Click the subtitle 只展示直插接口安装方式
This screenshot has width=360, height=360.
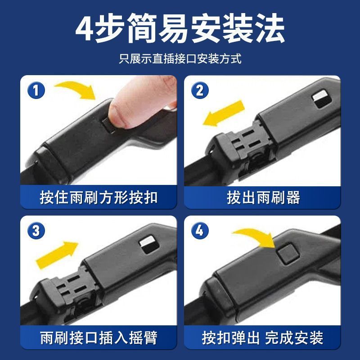pos(180,59)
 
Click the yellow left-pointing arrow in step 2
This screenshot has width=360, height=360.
pos(223,113)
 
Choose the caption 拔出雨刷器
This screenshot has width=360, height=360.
pos(263,197)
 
